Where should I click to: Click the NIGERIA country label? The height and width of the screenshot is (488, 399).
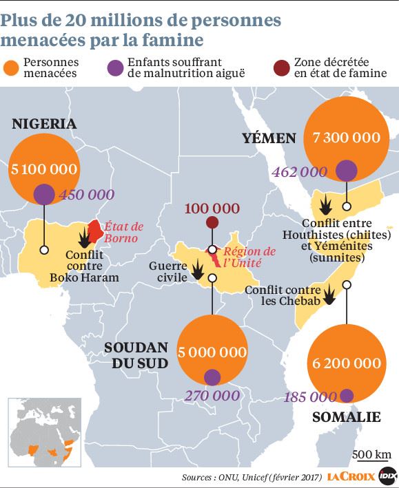[43, 124]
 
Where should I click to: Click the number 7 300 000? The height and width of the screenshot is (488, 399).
[346, 137]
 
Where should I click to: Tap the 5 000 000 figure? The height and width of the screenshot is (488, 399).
[212, 352]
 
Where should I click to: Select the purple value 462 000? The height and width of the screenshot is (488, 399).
[299, 171]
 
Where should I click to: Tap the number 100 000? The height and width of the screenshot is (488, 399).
[212, 208]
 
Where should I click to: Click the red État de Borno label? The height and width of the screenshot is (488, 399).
[123, 231]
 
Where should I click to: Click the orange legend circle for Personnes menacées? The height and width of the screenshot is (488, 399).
[10, 67]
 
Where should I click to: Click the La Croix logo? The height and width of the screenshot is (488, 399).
[351, 476]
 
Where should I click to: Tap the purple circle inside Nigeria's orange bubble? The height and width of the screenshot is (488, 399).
[43, 193]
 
